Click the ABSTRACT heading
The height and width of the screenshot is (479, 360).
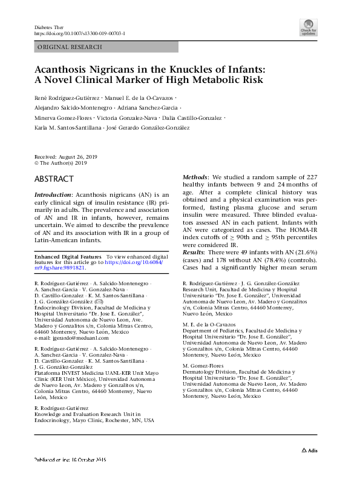(x=54, y=179)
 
